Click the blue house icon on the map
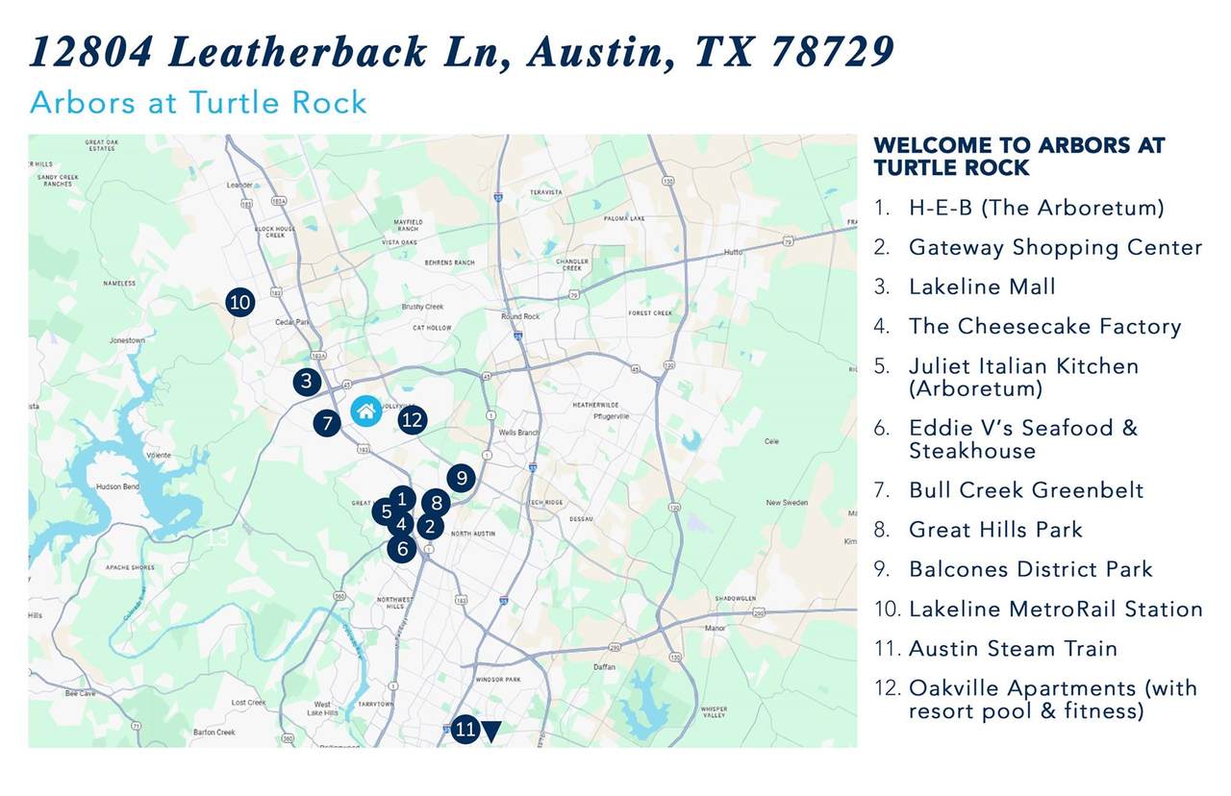tap(365, 410)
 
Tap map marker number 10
tap(239, 303)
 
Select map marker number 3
tap(306, 381)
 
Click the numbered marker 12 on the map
tap(412, 419)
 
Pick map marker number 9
tap(461, 478)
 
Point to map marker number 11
tap(465, 730)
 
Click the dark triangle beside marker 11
tap(491, 732)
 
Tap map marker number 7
tap(327, 422)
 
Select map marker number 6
tap(402, 549)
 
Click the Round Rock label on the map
tap(520, 316)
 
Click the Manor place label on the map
tap(715, 628)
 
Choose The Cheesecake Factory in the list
tap(1044, 326)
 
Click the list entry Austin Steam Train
tap(1013, 649)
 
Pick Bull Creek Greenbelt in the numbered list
tap(1026, 490)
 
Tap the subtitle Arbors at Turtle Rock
tap(198, 102)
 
